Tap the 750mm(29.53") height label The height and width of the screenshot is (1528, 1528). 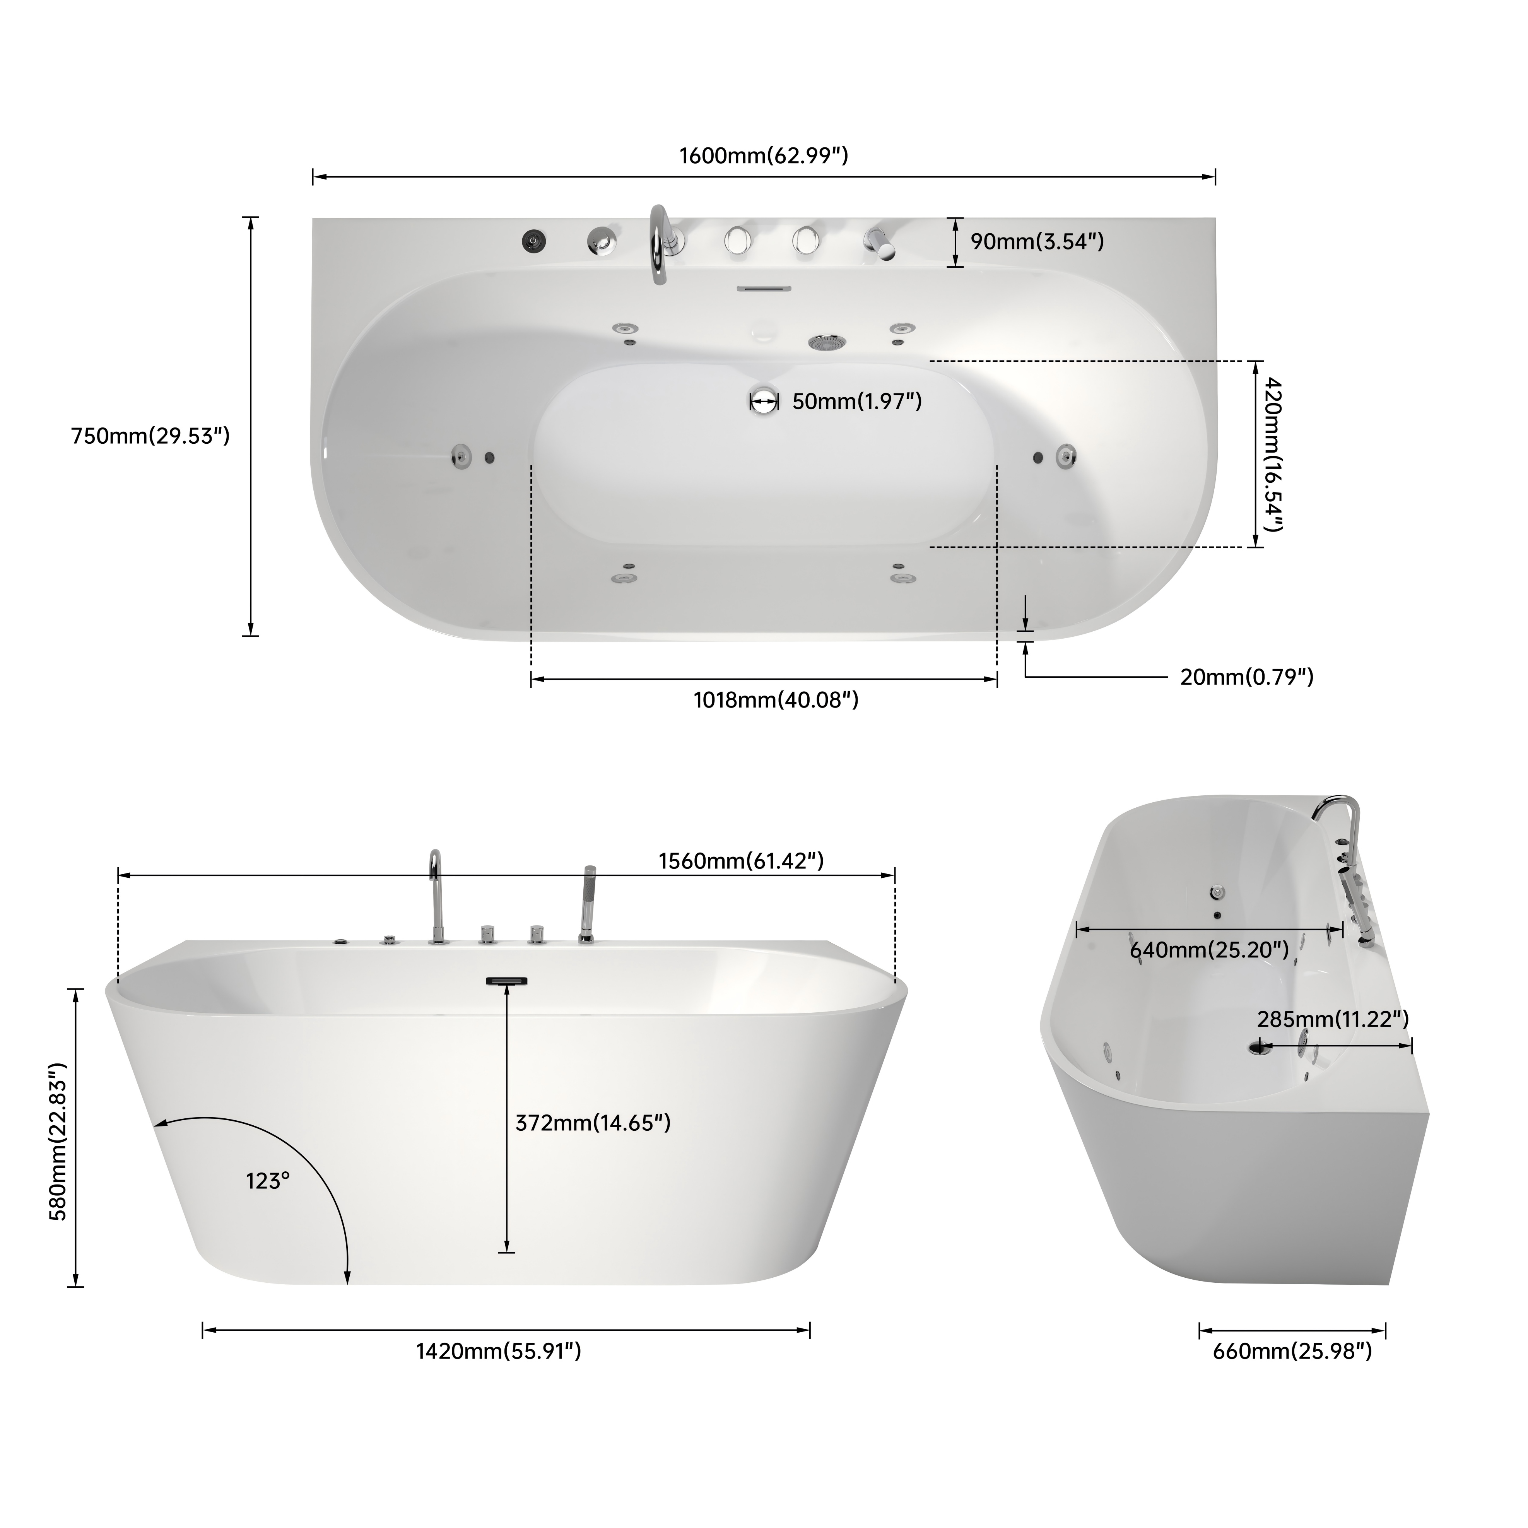coord(150,436)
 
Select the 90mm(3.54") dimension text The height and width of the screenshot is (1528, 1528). coord(1037,241)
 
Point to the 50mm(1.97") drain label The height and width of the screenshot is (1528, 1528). coord(856,402)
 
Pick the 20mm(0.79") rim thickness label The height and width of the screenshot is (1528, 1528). coord(1246,677)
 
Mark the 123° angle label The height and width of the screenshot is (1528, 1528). coord(267,1182)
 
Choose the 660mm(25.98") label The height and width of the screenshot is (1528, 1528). coord(1292,1352)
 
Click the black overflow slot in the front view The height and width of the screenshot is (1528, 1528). coord(506,982)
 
